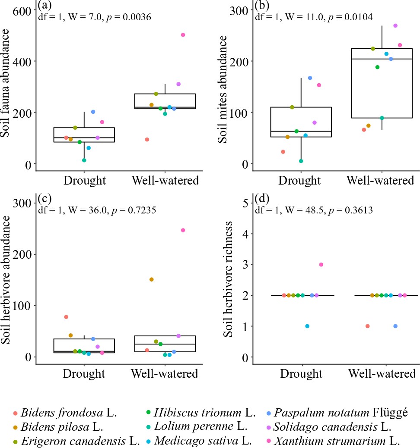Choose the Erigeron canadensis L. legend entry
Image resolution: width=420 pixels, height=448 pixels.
76,441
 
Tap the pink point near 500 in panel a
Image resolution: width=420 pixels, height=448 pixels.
183,35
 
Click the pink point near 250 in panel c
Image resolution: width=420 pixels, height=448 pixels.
183,230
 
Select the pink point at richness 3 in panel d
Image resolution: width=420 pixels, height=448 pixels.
321,265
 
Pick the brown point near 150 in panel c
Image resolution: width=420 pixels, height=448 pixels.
151,279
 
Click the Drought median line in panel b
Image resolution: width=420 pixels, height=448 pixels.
301,131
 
